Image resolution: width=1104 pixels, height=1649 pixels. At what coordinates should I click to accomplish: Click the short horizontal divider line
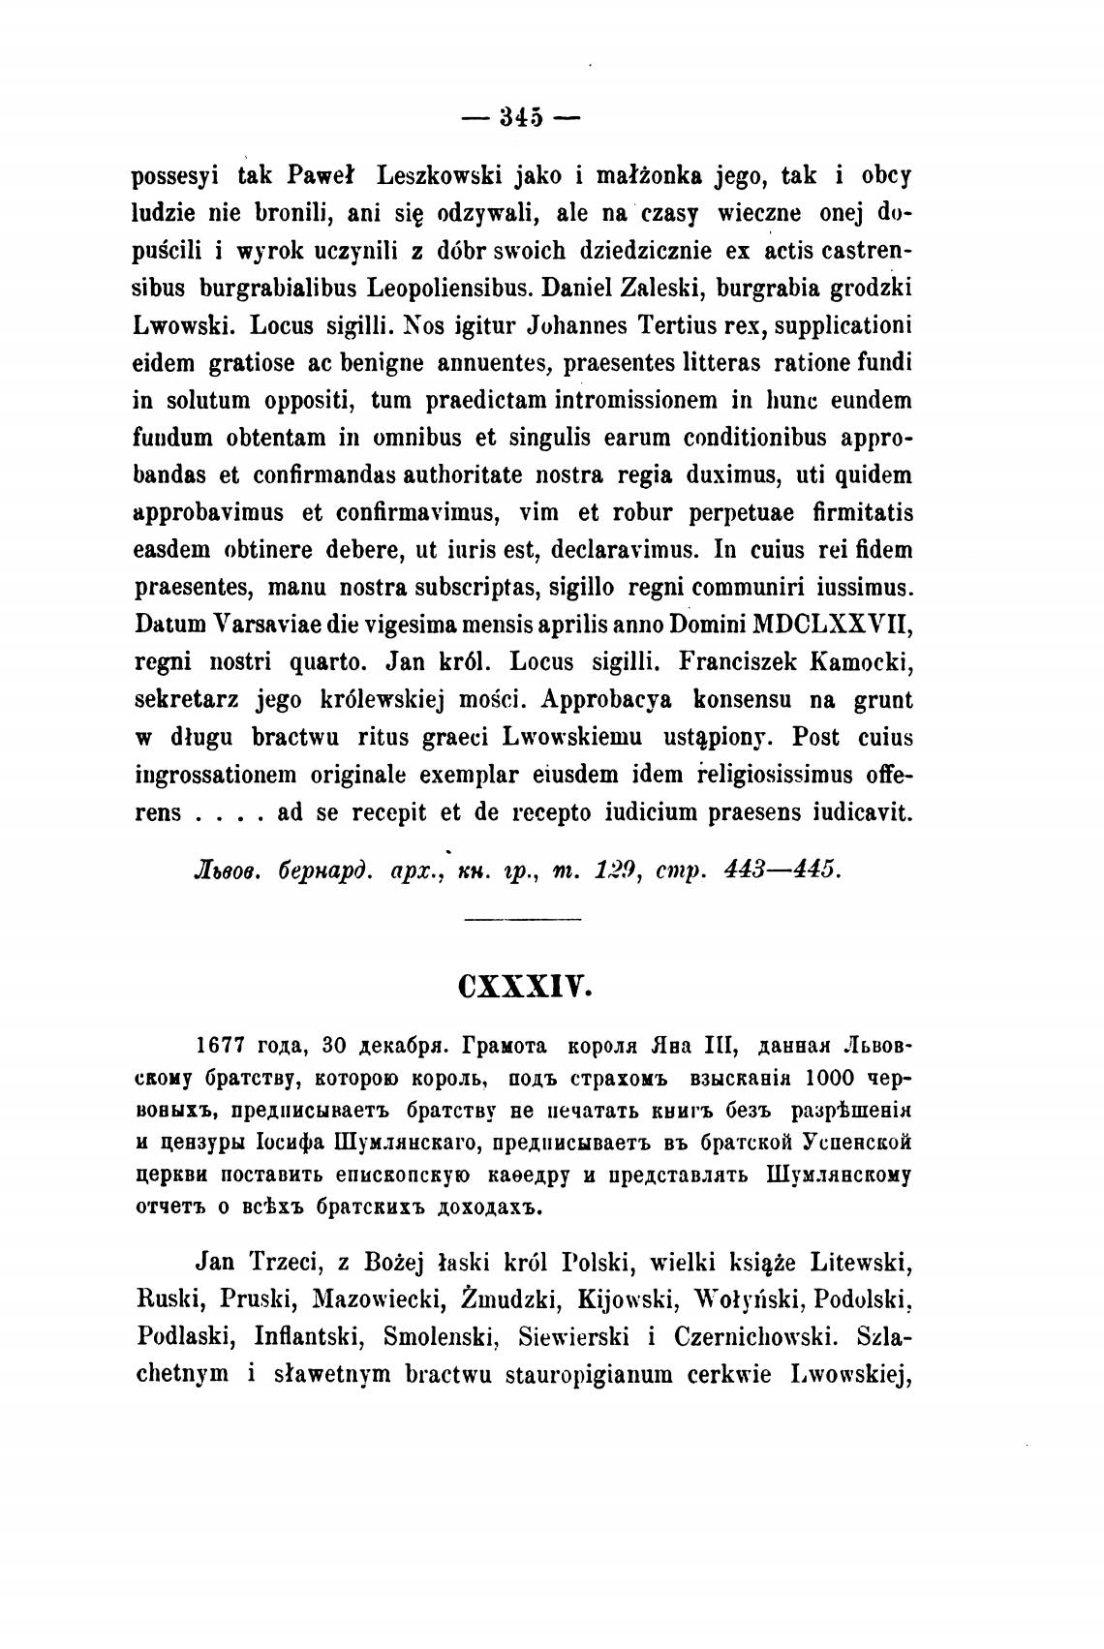click(524, 919)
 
